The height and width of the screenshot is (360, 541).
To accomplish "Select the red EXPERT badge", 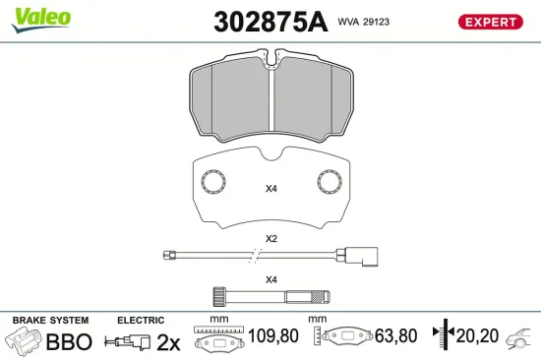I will (x=489, y=21).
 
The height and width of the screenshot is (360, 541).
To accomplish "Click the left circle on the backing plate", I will (x=211, y=182).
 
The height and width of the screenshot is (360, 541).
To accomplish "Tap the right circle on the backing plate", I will (x=330, y=182).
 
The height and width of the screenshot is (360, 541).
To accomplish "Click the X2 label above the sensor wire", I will (x=270, y=239).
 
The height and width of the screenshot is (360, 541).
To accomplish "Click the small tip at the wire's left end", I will (x=169, y=256).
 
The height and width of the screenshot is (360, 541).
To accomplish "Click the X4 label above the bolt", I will (x=270, y=279).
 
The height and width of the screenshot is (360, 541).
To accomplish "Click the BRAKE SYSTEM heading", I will (x=49, y=321).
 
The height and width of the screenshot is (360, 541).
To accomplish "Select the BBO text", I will (x=69, y=342).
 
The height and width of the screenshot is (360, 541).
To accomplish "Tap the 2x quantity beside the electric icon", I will (x=169, y=342).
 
